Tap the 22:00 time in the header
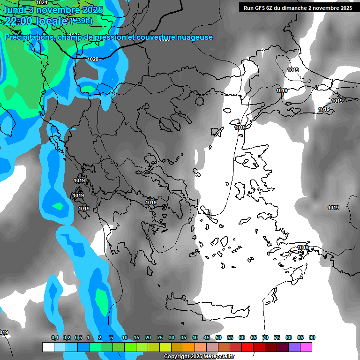tap(19, 21)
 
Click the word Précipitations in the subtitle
tap(29, 37)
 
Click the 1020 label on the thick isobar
tap(93, 59)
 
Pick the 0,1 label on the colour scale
tap(55, 338)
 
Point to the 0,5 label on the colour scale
tap(78, 338)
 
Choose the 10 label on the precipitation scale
tap(125, 338)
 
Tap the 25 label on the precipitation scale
tap(160, 338)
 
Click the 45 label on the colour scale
tap(207, 338)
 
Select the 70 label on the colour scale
tap(265, 338)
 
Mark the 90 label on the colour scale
tap(312, 338)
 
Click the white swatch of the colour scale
tap(48, 347)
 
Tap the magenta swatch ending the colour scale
tap(306, 347)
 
